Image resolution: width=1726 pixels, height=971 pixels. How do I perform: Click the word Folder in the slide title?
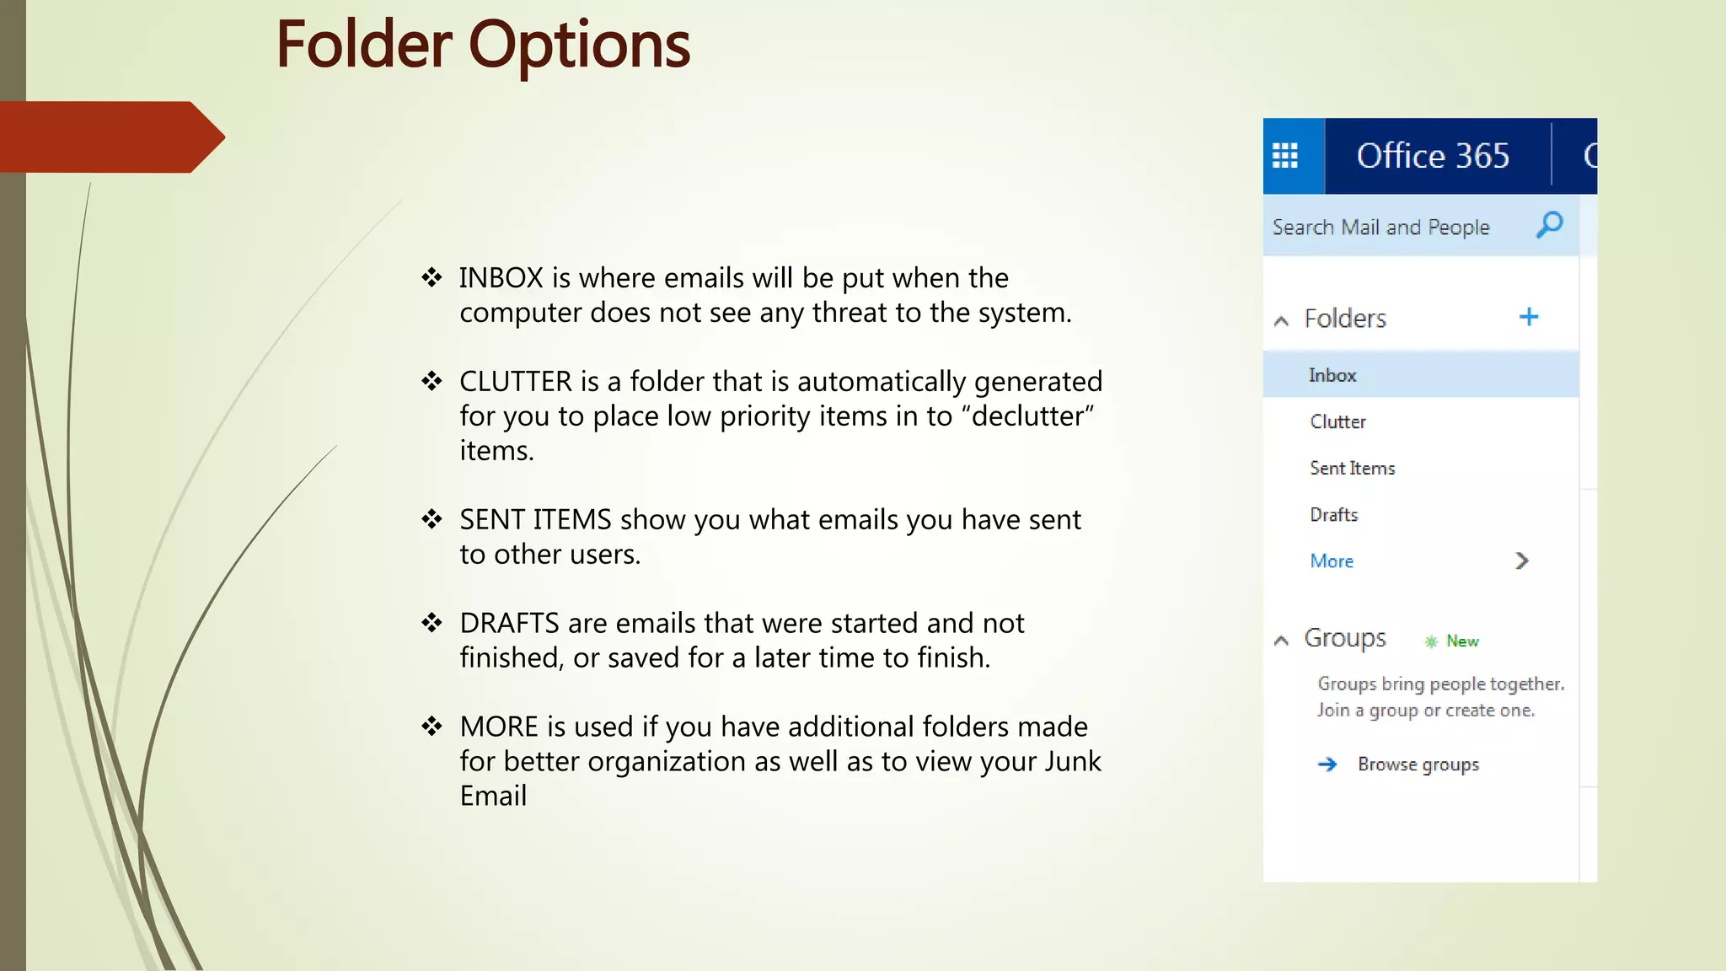364,46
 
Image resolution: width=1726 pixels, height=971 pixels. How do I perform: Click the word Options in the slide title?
579,46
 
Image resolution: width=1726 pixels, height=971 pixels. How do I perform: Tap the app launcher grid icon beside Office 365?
1285,156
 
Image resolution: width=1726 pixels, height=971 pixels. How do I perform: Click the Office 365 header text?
1433,156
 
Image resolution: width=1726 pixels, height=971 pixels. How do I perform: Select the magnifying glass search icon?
1549,225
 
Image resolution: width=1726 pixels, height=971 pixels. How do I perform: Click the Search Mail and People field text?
1380,228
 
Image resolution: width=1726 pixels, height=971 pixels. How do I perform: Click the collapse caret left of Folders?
1281,320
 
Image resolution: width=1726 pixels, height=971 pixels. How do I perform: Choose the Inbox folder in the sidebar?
1332,375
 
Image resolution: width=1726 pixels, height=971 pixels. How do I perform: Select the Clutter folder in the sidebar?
1337,421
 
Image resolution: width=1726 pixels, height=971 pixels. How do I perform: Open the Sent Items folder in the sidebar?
1352,468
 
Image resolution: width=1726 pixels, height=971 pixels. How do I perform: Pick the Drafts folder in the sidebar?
1333,514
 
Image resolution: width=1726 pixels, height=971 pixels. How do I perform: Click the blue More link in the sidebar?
1332,561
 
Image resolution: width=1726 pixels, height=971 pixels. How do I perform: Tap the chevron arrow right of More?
1522,561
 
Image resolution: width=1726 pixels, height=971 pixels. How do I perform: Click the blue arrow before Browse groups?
1327,764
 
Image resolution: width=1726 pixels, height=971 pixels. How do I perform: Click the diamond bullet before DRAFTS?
431,623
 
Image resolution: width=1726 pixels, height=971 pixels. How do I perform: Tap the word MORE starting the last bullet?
499,727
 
